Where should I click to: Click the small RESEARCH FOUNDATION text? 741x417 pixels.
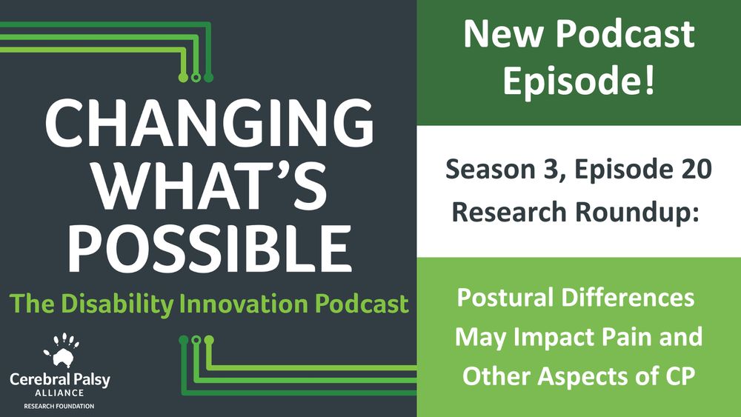click(60, 407)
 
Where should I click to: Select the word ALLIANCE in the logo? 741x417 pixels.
click(60, 394)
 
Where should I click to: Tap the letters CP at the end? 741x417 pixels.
click(677, 376)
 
